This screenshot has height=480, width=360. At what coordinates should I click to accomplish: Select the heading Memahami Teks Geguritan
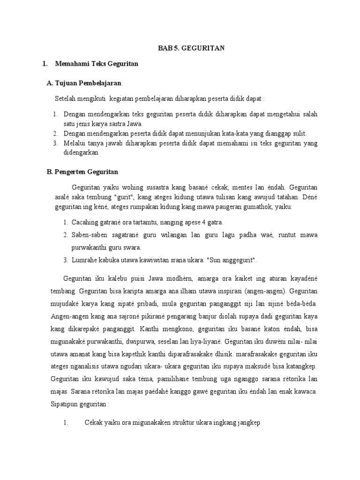97,64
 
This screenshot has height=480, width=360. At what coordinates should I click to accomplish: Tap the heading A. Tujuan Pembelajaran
84,83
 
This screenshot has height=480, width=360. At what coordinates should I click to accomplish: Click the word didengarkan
82,152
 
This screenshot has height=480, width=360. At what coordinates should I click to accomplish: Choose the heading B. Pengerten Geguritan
82,172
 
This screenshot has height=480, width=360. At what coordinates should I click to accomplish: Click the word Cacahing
84,222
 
